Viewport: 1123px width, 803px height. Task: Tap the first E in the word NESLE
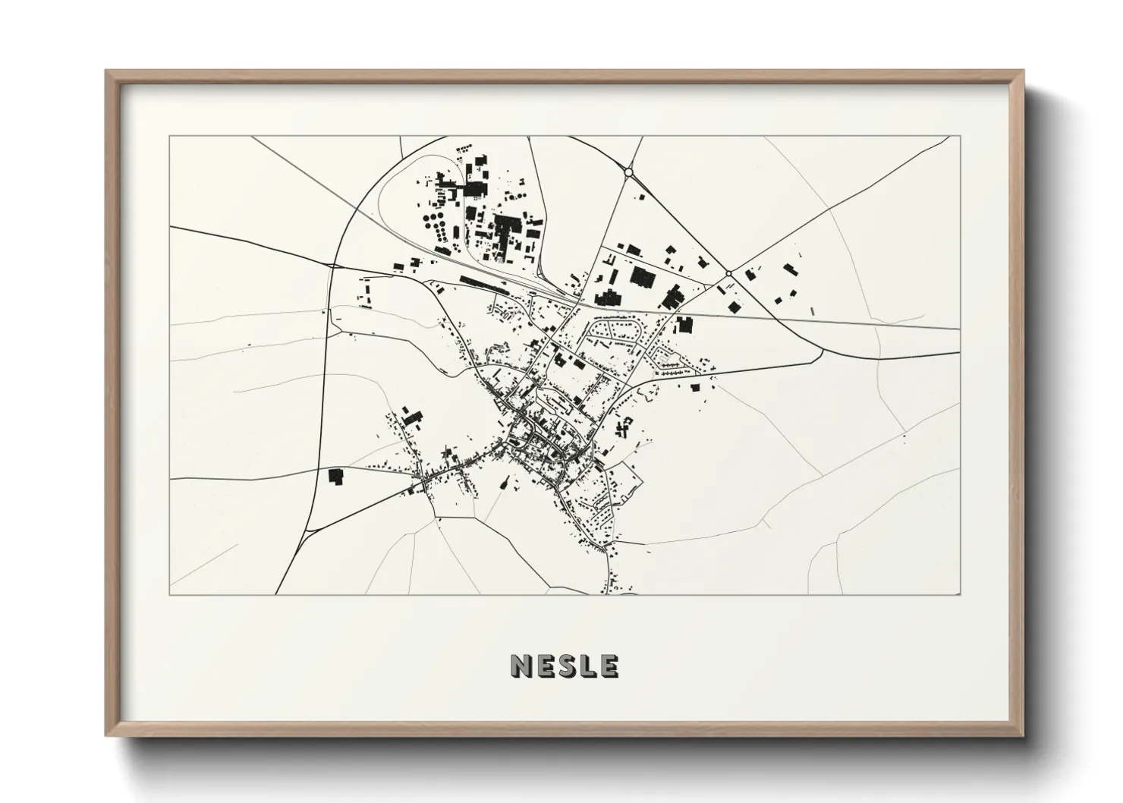coord(545,666)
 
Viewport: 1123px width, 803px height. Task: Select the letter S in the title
coord(566,666)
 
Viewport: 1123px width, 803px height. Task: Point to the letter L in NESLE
coord(587,666)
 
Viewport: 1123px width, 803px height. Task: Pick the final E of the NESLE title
coord(608,666)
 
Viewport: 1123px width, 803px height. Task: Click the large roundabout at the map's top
coord(628,173)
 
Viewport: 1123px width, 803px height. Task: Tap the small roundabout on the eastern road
coord(728,273)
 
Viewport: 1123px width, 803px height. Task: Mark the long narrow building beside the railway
coord(483,284)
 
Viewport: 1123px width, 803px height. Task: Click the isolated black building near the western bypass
coord(334,476)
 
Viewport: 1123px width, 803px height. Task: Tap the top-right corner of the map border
coord(960,137)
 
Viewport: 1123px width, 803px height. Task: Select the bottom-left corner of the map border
coord(170,594)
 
